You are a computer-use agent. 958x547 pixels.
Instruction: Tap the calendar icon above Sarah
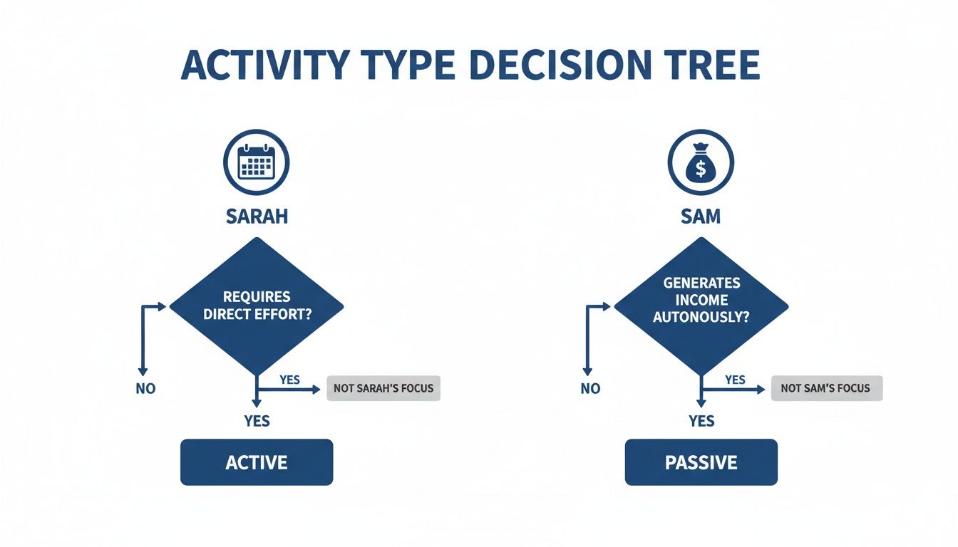pos(257,163)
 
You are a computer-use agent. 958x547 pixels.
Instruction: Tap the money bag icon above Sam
pos(701,163)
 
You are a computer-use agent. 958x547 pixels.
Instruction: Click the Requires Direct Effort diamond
pos(257,306)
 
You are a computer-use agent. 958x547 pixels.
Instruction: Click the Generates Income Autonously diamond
pos(701,306)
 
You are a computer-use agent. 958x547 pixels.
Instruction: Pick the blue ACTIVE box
pos(257,462)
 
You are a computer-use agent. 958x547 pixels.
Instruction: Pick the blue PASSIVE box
pos(701,462)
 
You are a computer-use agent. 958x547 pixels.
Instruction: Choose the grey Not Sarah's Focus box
pos(383,389)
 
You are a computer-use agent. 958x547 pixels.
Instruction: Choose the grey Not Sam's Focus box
pos(826,389)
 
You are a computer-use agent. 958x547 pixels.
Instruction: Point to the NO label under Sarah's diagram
pos(145,389)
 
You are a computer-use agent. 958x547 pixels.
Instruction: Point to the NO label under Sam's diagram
pos(590,389)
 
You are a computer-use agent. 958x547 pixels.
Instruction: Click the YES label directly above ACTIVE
pos(257,421)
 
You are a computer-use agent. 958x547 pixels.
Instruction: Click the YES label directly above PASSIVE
pos(701,421)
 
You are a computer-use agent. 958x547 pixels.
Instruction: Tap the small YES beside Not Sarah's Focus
pos(289,380)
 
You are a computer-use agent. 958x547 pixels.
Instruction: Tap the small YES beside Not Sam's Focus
pos(735,380)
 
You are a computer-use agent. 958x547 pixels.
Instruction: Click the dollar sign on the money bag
pos(701,170)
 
